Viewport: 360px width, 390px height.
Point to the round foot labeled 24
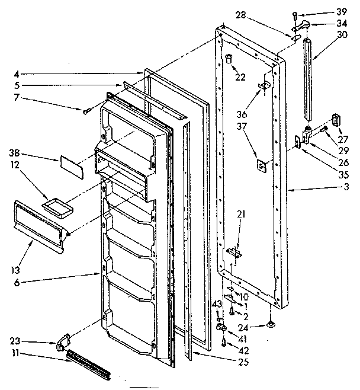[x=272, y=324]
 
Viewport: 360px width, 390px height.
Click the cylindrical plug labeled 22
[x=229, y=58]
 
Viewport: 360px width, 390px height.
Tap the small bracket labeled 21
[x=237, y=254]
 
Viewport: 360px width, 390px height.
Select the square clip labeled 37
[x=260, y=166]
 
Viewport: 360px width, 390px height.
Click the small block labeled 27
[x=337, y=120]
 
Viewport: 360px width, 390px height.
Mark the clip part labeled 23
[x=63, y=343]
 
